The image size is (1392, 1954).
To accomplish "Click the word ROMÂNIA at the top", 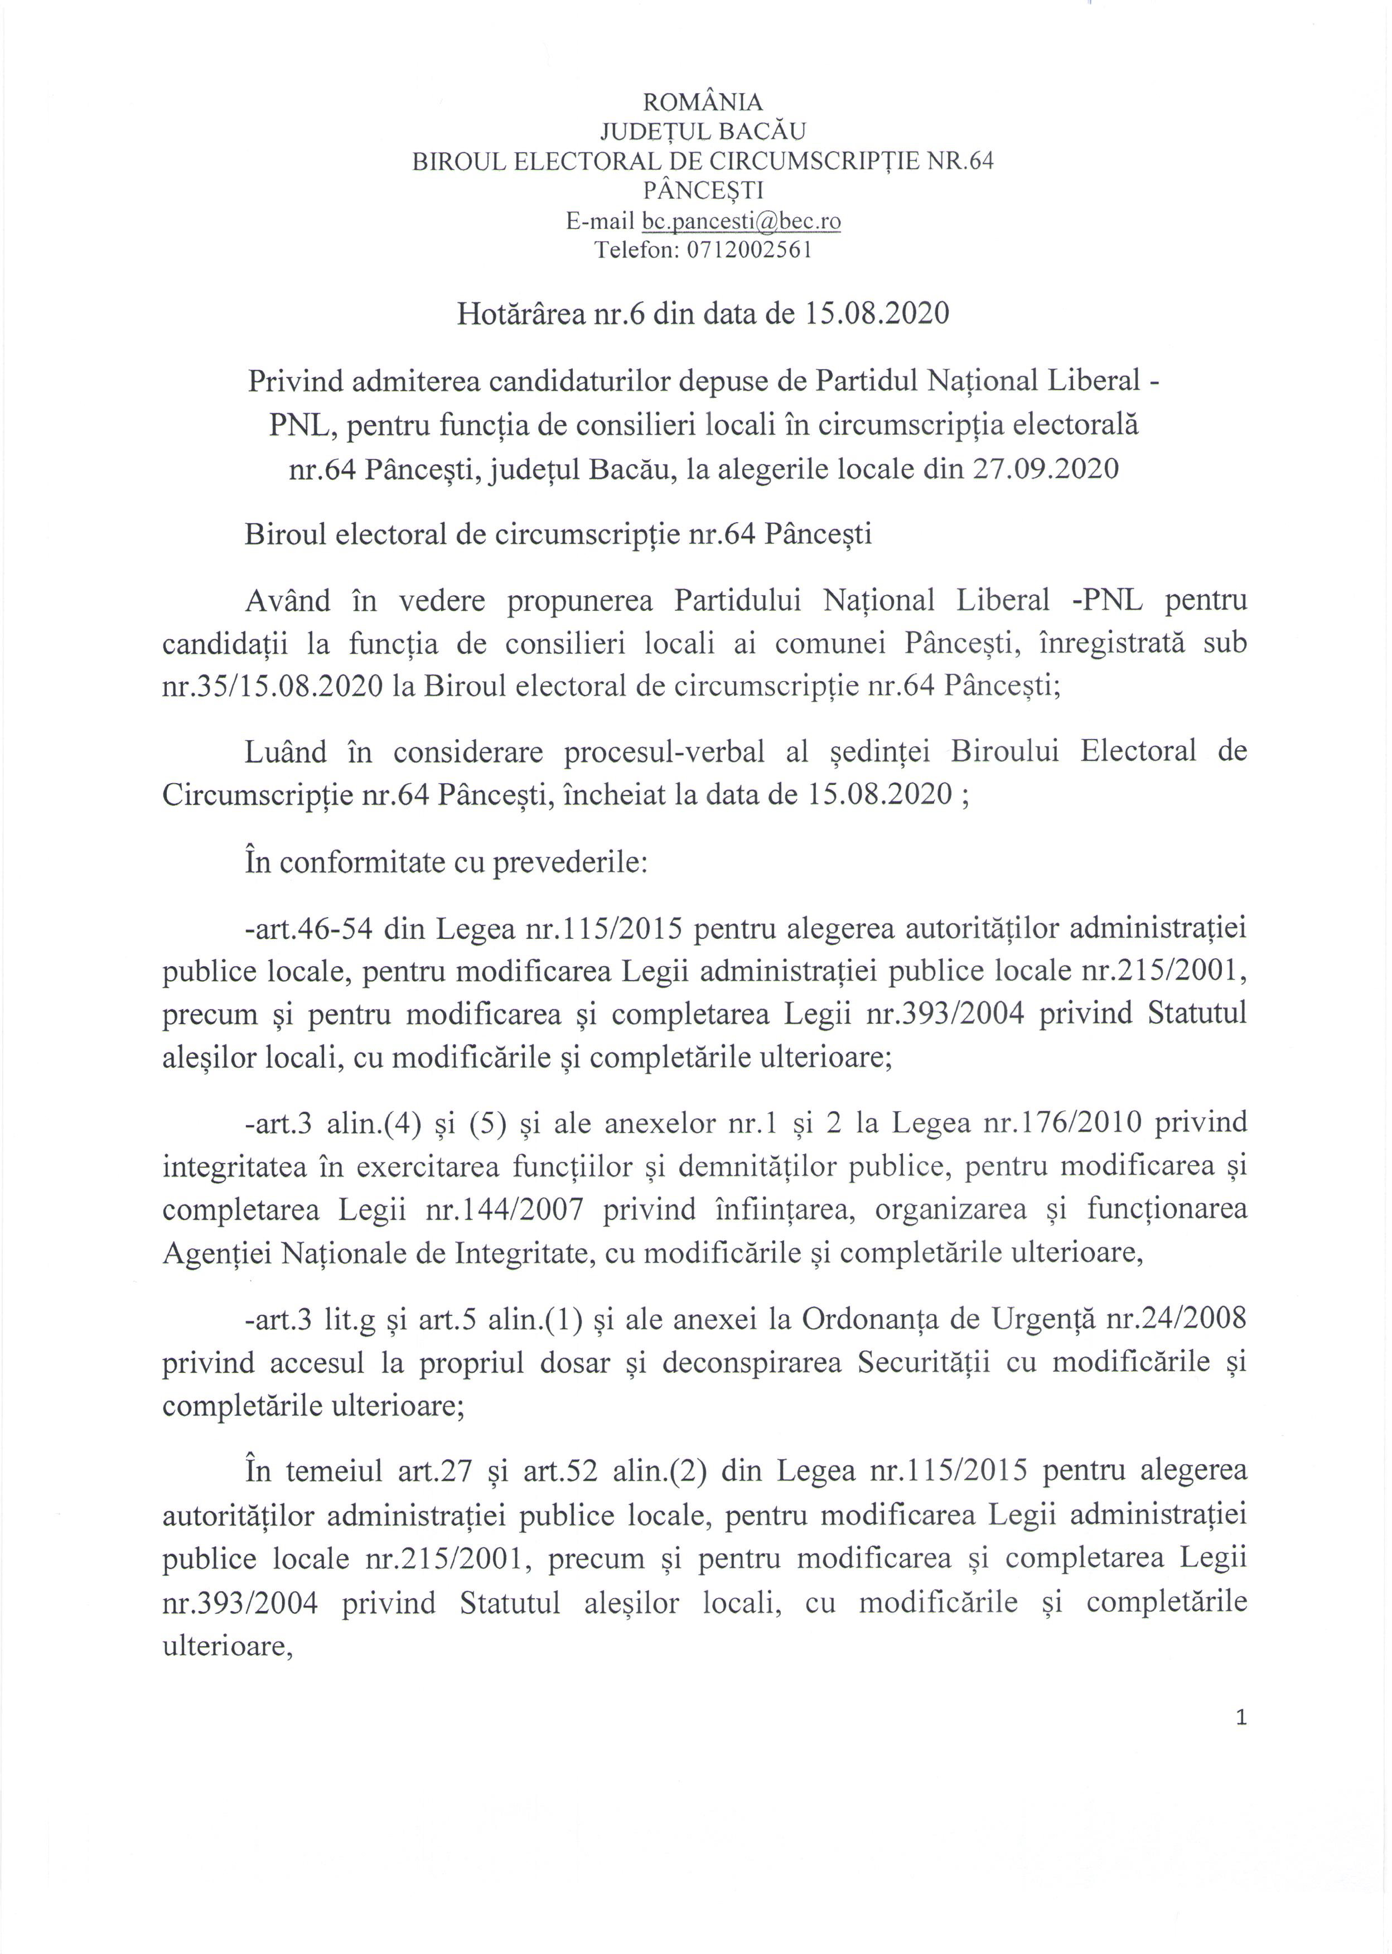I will coord(702,103).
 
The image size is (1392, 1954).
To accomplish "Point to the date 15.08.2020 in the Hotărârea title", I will coord(876,314).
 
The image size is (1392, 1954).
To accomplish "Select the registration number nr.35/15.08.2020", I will coord(273,687).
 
